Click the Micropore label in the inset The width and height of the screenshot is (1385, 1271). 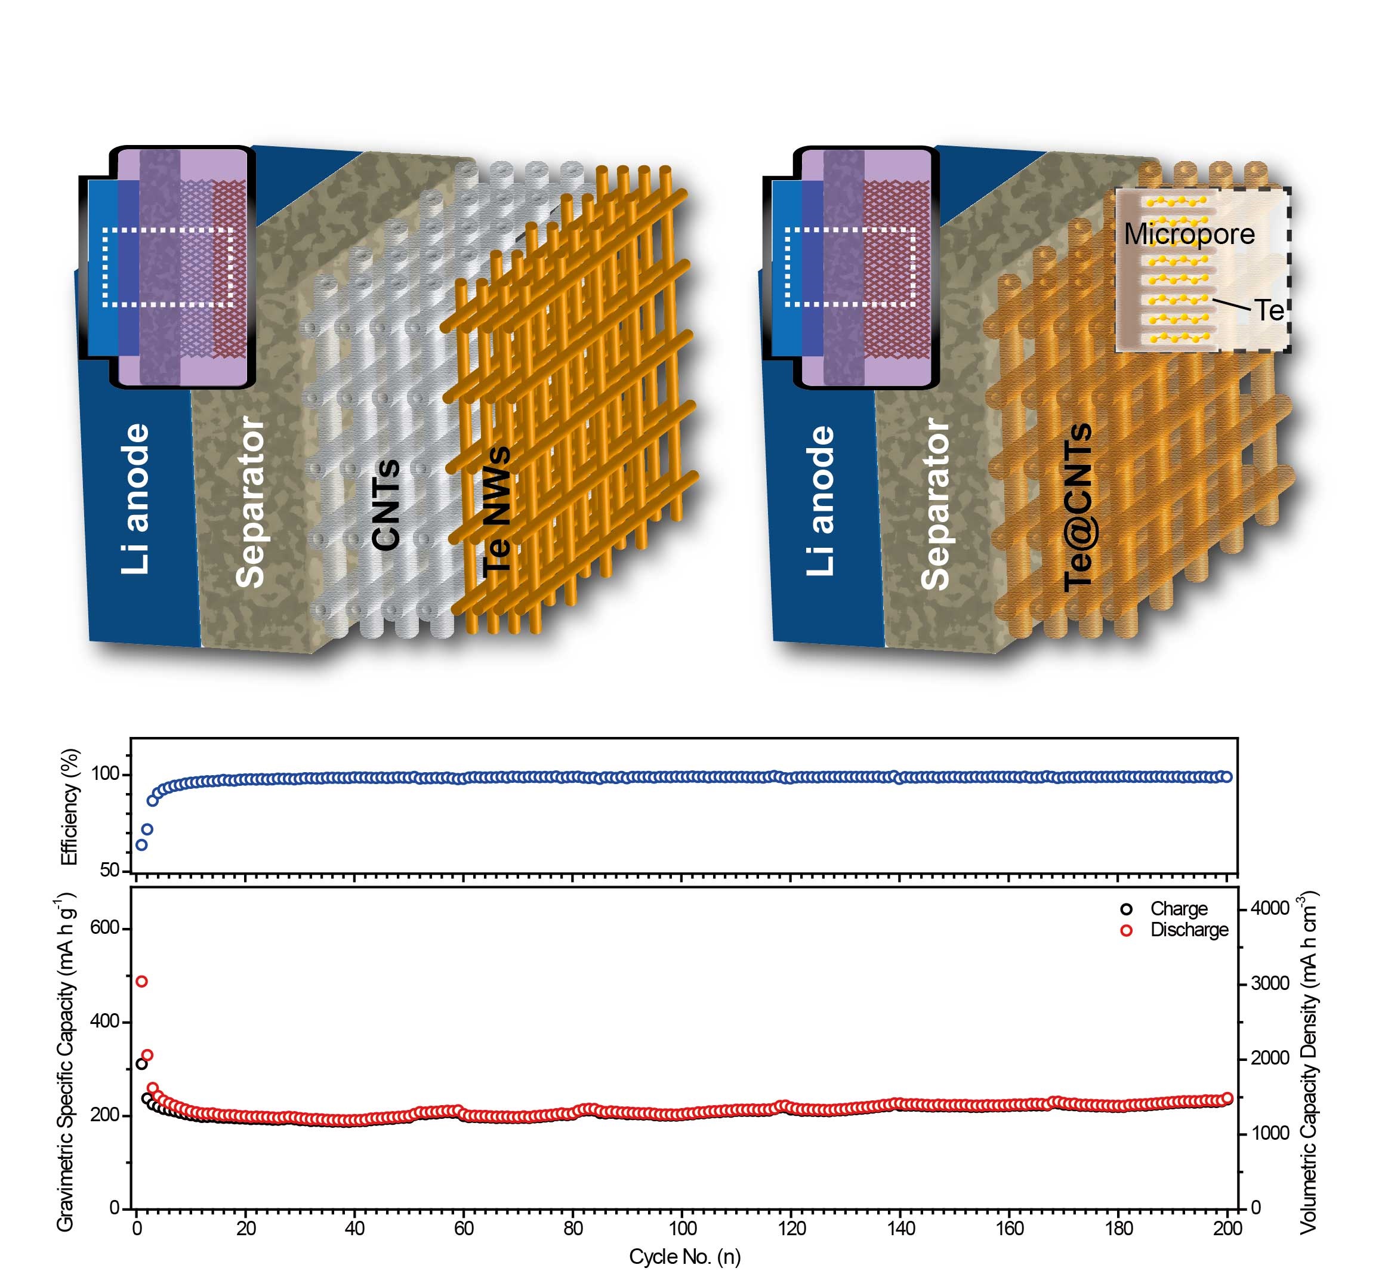click(x=1189, y=235)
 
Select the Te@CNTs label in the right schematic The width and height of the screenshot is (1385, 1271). click(x=1078, y=507)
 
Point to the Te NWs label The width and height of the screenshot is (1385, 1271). click(x=496, y=512)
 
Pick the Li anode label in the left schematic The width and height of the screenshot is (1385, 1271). click(x=135, y=499)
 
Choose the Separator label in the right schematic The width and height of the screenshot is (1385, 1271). click(x=935, y=504)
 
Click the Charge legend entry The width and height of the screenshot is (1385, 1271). click(x=1179, y=909)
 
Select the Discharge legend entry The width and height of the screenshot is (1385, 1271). click(x=1189, y=930)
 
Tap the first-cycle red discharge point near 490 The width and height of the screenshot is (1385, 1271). click(x=141, y=981)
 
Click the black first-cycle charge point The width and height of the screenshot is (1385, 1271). click(x=141, y=1064)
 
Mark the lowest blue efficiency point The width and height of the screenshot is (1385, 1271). click(x=141, y=844)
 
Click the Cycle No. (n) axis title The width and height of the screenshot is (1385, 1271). click(x=685, y=1257)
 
